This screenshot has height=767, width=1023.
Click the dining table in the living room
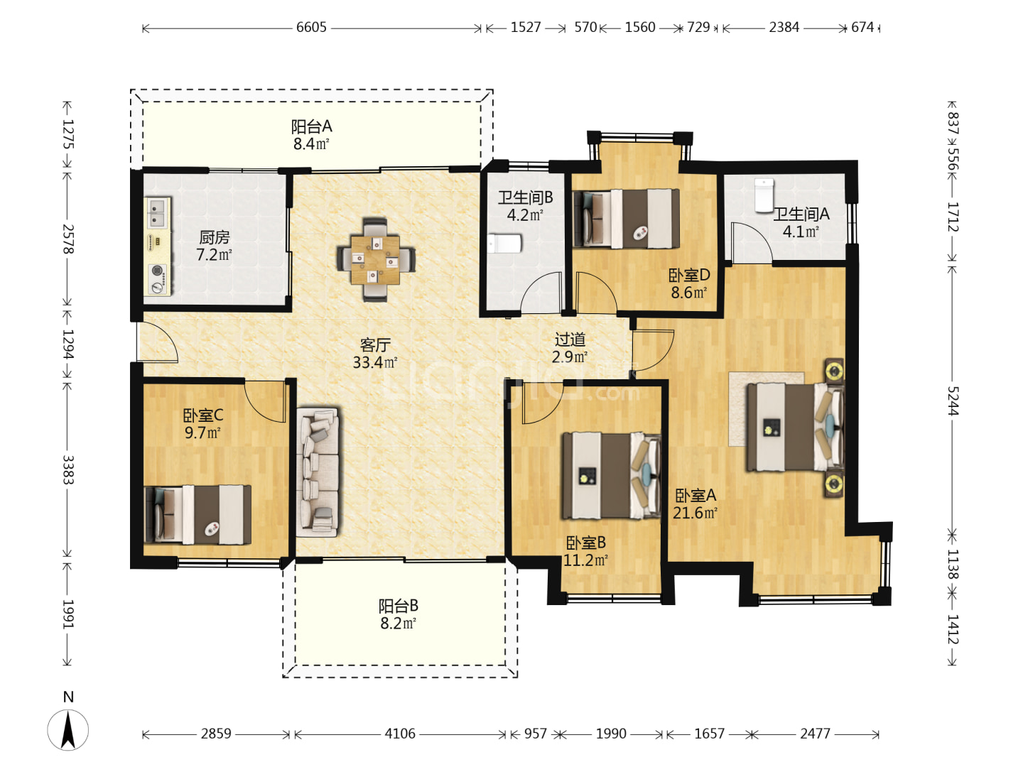click(375, 260)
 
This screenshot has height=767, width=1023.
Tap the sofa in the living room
click(318, 472)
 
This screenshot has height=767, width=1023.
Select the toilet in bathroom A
click(764, 195)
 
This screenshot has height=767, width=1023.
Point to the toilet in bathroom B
click(504, 244)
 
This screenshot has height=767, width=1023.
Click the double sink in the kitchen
click(158, 213)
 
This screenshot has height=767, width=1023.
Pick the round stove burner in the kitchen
click(158, 271)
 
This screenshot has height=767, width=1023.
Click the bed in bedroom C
click(197, 515)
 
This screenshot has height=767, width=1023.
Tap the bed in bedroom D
click(626, 219)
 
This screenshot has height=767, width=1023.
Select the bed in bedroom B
click(612, 476)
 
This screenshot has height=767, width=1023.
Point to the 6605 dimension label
click(311, 28)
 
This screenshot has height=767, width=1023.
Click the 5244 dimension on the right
click(952, 401)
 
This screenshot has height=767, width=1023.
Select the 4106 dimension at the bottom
click(400, 734)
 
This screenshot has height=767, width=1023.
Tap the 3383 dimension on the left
click(68, 470)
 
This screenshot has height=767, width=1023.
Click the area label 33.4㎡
click(375, 362)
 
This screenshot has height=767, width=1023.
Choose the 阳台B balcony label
click(398, 606)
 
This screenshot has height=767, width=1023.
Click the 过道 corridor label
click(570, 339)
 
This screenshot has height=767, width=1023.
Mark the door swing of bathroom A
click(752, 243)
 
